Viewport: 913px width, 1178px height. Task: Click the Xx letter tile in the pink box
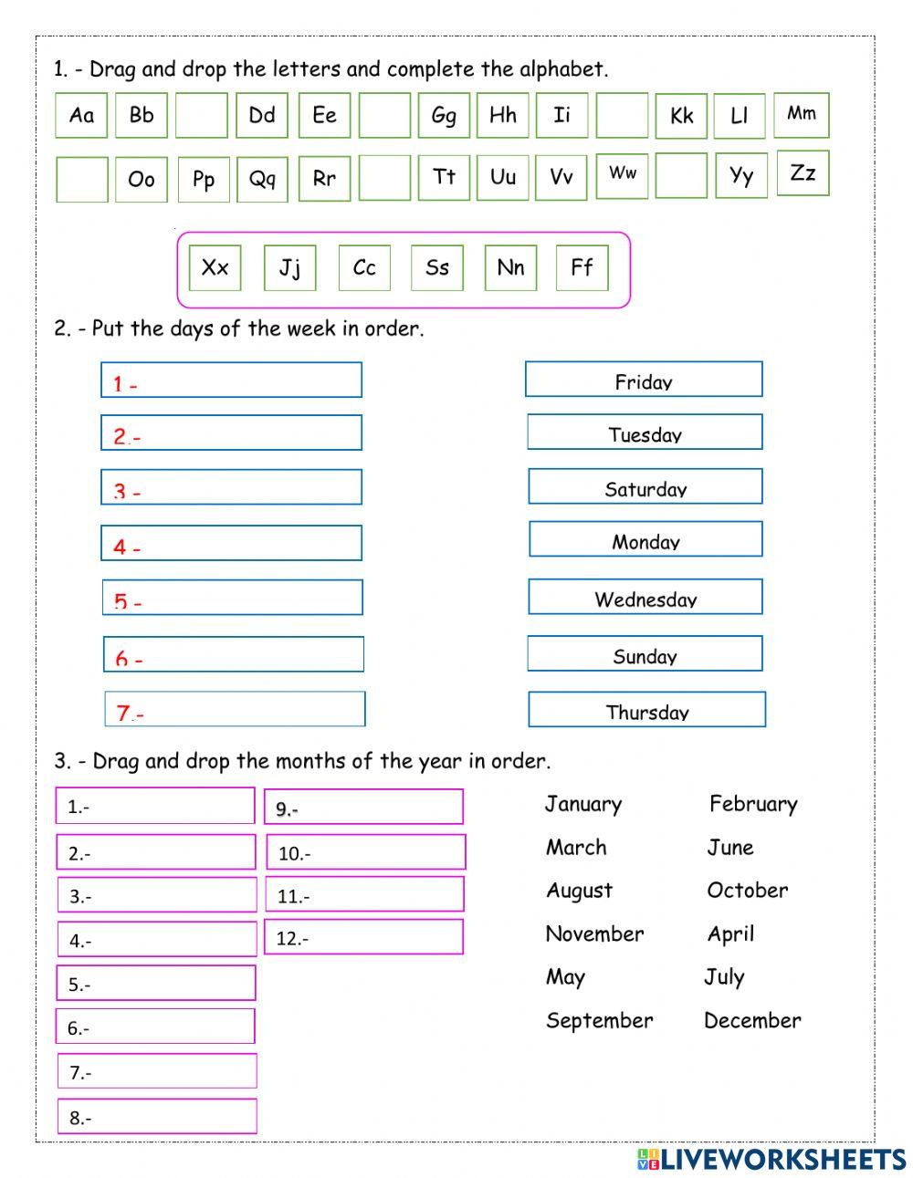click(215, 268)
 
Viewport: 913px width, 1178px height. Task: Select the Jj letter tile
click(289, 268)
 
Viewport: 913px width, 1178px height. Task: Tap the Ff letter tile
click(582, 268)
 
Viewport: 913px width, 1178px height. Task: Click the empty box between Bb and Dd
click(201, 115)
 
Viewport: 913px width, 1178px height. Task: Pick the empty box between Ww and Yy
click(681, 175)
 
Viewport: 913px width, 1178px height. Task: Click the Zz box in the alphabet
click(803, 173)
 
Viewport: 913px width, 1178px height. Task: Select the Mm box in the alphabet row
click(802, 114)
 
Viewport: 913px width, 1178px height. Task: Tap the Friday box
click(644, 381)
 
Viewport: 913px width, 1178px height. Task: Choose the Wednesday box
click(645, 598)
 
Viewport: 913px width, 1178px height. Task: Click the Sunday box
click(645, 654)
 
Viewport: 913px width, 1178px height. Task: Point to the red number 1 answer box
click(231, 381)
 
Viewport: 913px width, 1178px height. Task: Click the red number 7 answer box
click(235, 709)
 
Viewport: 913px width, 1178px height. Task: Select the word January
click(583, 804)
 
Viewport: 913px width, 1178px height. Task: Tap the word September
click(599, 1020)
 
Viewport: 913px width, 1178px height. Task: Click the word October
click(747, 891)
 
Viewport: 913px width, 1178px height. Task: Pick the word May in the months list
click(565, 977)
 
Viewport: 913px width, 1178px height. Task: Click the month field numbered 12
click(363, 937)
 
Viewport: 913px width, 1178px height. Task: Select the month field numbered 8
click(157, 1117)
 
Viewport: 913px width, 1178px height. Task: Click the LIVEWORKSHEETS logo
click(771, 1159)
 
